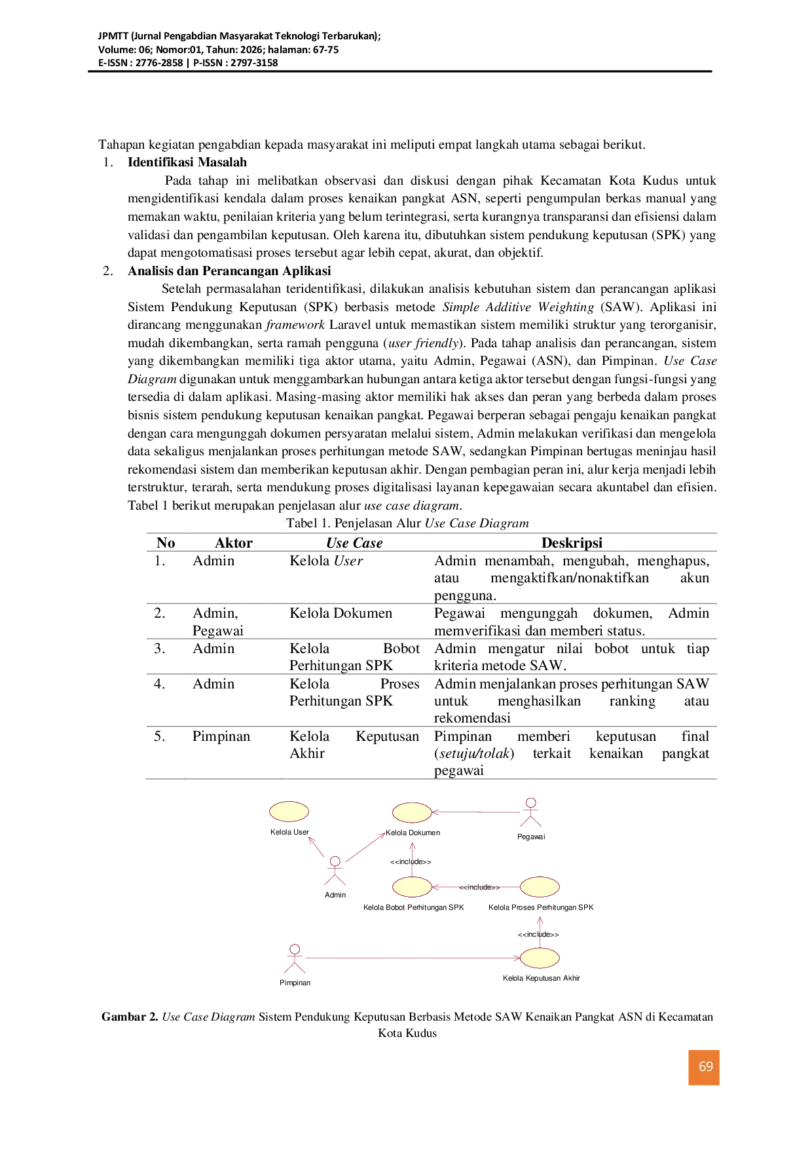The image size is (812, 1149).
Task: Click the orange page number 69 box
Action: tap(704, 1068)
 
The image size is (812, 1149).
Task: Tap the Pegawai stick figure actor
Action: tap(531, 812)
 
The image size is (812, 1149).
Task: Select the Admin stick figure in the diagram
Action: tap(335, 871)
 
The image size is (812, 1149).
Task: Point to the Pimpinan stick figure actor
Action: tap(295, 958)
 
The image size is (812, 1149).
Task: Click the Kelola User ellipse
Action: tap(289, 812)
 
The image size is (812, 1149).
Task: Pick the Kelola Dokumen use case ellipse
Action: tap(412, 812)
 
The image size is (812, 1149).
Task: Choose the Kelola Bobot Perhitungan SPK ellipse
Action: tap(412, 887)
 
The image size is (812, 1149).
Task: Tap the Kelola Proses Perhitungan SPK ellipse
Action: tap(540, 887)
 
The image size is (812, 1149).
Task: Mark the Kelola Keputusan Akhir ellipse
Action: tap(540, 958)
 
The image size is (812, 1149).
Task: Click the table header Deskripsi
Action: tap(572, 542)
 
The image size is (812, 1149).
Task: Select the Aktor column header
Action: tap(234, 542)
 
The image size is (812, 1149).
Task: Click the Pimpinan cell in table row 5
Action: tap(221, 736)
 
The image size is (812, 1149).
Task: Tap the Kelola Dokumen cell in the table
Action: tap(341, 613)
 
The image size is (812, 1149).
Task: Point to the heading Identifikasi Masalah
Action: tap(187, 162)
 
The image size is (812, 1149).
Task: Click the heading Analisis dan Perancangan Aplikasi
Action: tap(229, 271)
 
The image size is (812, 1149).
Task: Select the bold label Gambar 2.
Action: tap(130, 1017)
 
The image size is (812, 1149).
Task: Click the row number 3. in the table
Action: tap(159, 649)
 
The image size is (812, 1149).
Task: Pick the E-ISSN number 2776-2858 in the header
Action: tap(159, 63)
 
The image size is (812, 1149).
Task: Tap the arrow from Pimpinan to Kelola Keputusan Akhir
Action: tap(413, 958)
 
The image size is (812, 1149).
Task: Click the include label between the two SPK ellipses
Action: tap(479, 887)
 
